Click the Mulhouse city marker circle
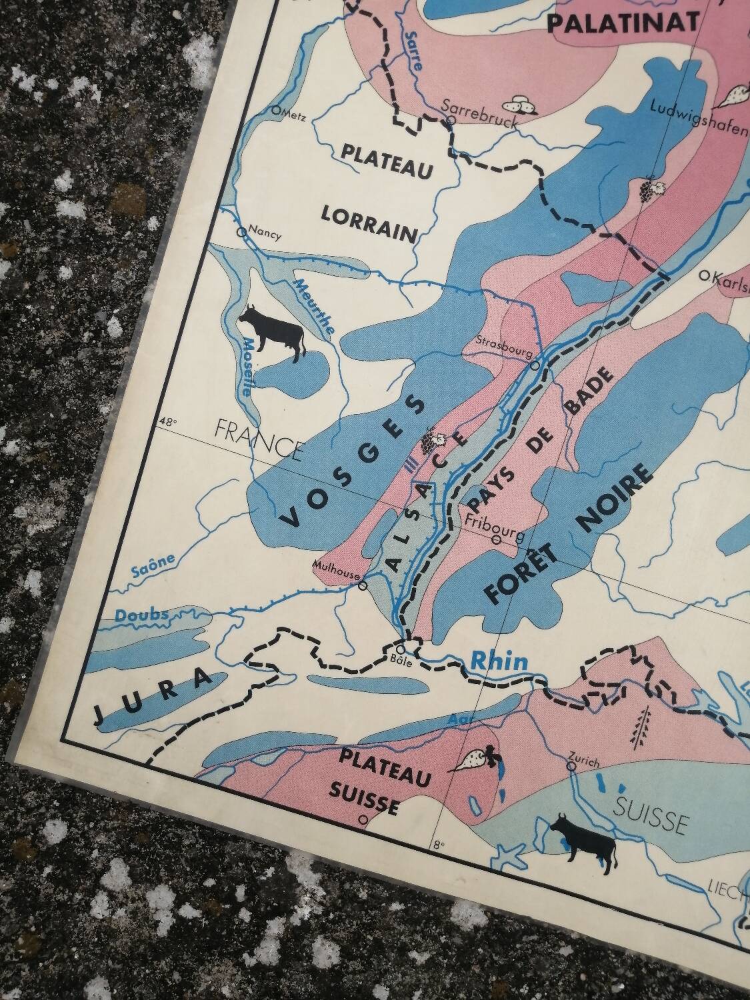[x=363, y=586]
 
